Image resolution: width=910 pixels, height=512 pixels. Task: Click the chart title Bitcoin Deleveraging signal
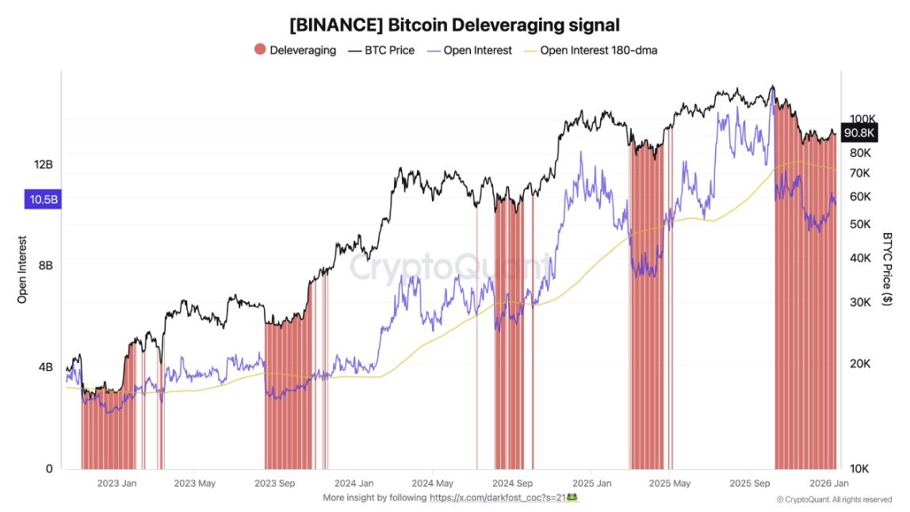pos(454,25)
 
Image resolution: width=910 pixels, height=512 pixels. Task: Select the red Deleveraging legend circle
pos(260,50)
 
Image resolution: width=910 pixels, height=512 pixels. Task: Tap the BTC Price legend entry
pos(381,50)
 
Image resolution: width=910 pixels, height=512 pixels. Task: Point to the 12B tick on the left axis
pos(43,164)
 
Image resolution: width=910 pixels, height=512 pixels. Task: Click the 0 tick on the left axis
pos(48,468)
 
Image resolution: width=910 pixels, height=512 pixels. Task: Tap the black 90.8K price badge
pos(859,133)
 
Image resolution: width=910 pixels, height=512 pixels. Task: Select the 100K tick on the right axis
pos(861,118)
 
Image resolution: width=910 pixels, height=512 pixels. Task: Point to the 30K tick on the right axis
pos(861,301)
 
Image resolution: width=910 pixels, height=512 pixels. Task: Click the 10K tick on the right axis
pos(861,468)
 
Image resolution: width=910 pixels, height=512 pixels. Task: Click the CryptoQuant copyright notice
pos(835,499)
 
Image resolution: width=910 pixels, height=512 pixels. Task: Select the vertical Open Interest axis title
pos(22,269)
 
